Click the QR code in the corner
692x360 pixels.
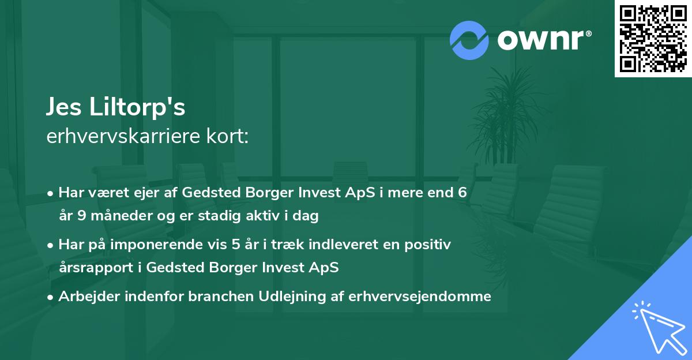pos(653,39)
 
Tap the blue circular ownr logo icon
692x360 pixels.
pos(469,40)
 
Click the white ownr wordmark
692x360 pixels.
pos(544,40)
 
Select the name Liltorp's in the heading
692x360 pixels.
pos(137,107)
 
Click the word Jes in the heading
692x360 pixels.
pos(63,107)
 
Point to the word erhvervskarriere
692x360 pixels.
pos(123,136)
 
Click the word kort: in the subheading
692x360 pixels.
pos(227,136)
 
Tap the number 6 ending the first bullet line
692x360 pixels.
pos(462,192)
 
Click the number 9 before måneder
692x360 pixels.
pos(81,215)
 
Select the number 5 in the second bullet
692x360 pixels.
pos(236,245)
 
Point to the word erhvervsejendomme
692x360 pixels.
pos(420,297)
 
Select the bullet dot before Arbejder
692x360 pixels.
pos(50,297)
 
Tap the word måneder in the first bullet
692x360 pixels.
pos(121,215)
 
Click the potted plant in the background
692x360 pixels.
pos(505,118)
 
